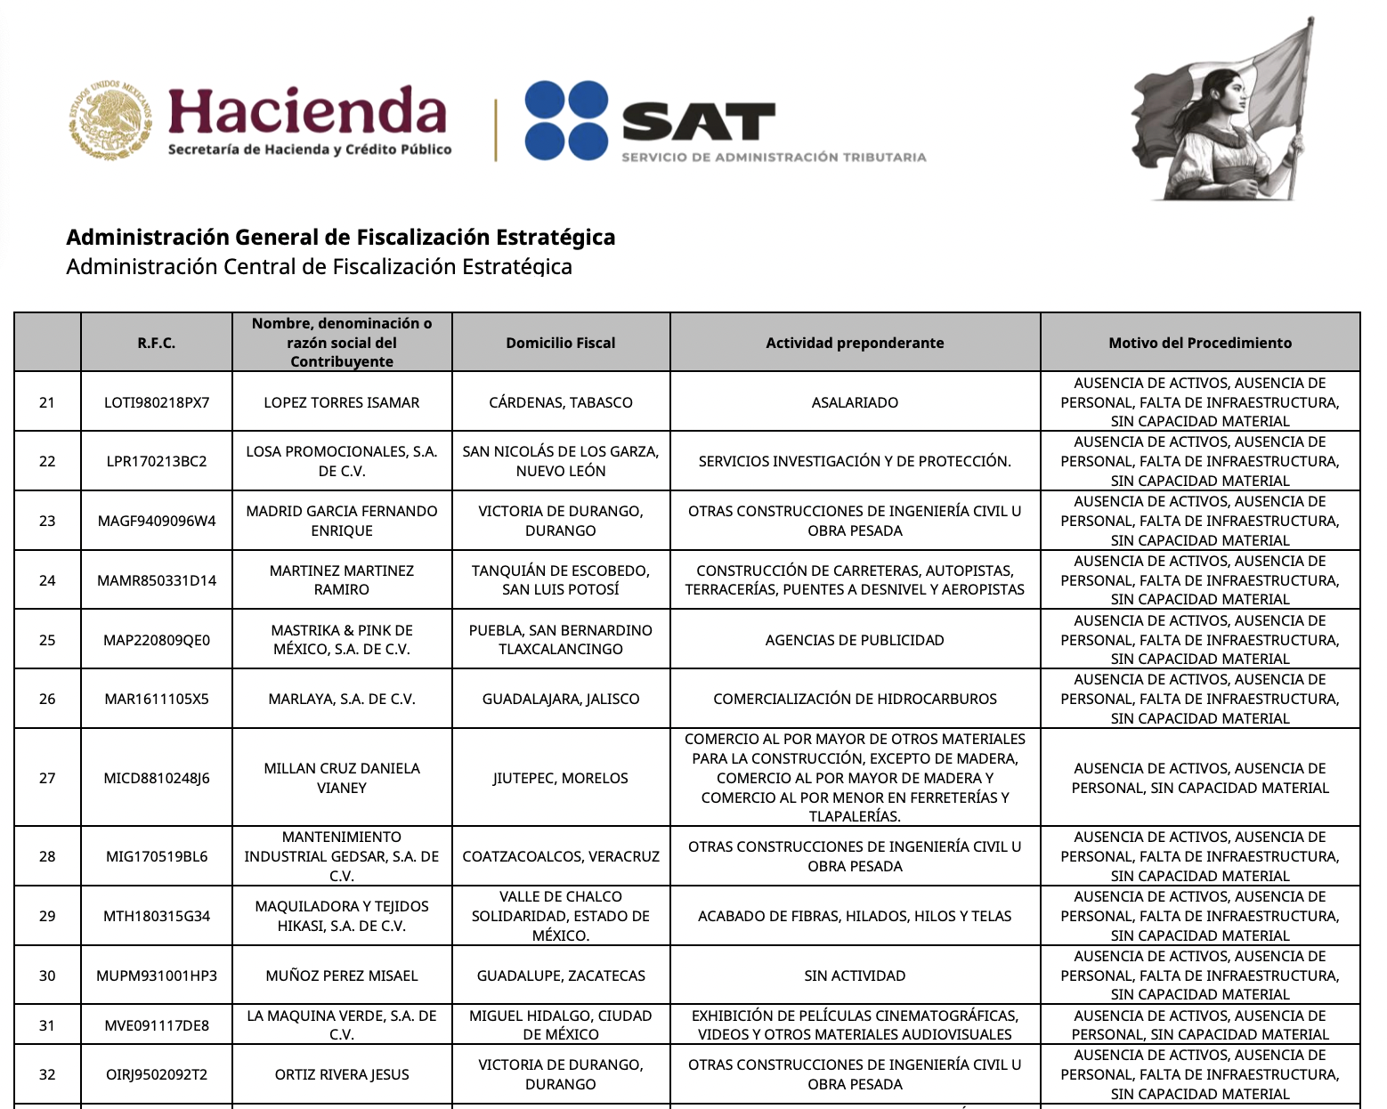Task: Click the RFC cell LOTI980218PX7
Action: pyautogui.click(x=157, y=402)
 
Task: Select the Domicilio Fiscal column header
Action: pyautogui.click(x=560, y=343)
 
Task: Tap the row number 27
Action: pyautogui.click(x=47, y=778)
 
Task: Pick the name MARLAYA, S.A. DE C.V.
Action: pyautogui.click(x=342, y=699)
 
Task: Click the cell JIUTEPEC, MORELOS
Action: pyautogui.click(x=560, y=778)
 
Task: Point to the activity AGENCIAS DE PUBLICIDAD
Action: pyautogui.click(x=855, y=640)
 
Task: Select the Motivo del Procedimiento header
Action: pyautogui.click(x=1199, y=343)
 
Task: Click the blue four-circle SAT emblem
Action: pyautogui.click(x=565, y=120)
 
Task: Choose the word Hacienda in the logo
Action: pyautogui.click(x=307, y=112)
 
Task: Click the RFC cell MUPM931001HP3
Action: pyautogui.click(x=157, y=975)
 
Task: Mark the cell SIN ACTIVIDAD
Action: pyautogui.click(x=855, y=975)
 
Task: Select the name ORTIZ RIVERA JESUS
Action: pyautogui.click(x=342, y=1074)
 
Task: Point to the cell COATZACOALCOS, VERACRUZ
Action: pyautogui.click(x=560, y=856)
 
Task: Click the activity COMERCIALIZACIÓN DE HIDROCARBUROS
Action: pyautogui.click(x=855, y=699)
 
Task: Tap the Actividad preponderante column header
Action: pyautogui.click(x=855, y=343)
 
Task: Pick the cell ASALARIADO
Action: pyautogui.click(x=855, y=402)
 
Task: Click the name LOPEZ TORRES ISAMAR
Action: pyautogui.click(x=342, y=402)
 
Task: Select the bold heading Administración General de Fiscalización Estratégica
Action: pyautogui.click(x=341, y=237)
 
